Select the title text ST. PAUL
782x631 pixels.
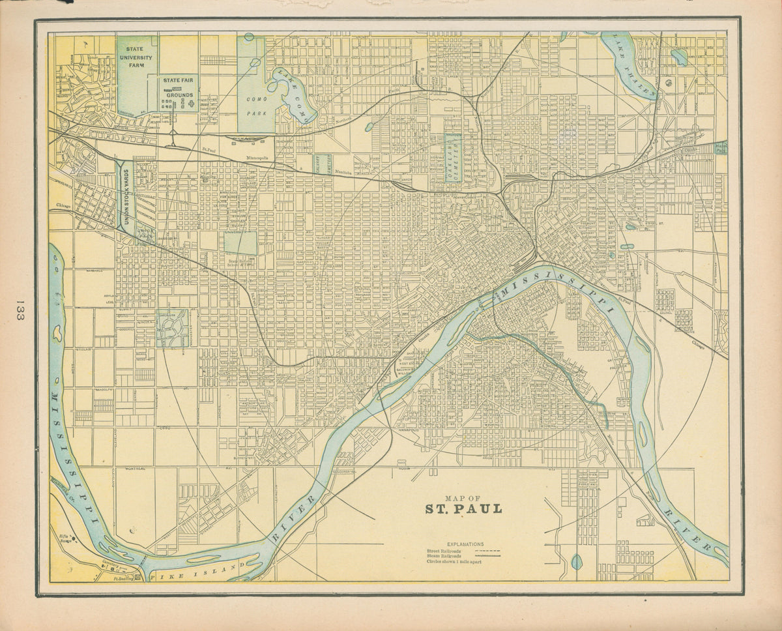464,509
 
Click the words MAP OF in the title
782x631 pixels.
464,495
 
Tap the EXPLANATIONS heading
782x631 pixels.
465,544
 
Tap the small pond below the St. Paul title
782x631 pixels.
577,561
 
